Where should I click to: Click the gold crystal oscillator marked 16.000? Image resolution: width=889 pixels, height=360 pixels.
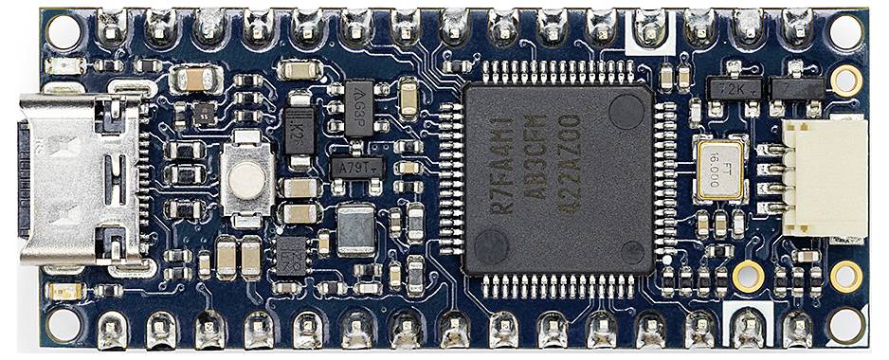click(718, 171)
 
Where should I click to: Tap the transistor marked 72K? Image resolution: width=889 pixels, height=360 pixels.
click(735, 87)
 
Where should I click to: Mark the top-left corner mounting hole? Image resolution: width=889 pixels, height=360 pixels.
click(63, 31)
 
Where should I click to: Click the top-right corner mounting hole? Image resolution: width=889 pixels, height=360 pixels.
click(845, 30)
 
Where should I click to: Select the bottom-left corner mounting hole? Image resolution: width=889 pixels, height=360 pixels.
click(63, 325)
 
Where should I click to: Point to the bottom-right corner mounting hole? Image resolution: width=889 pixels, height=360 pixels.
click(845, 324)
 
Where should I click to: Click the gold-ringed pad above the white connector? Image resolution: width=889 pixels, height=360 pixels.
click(845, 80)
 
